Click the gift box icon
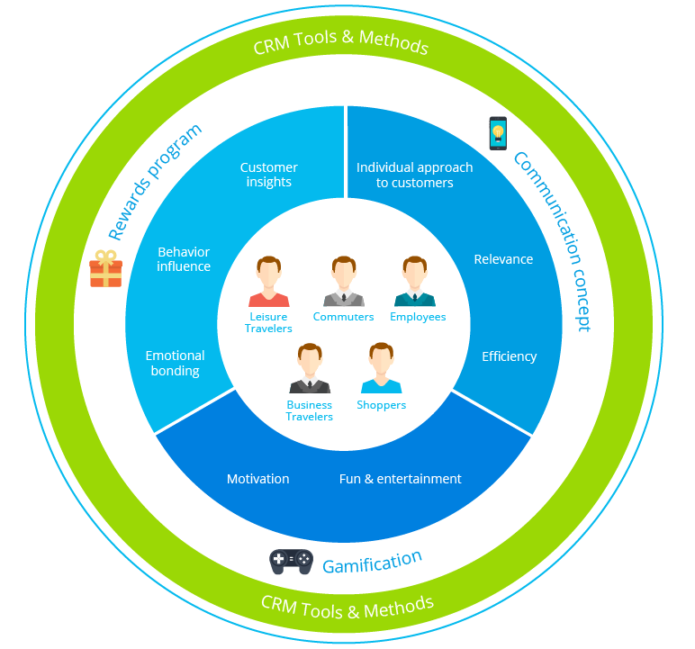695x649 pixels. [105, 269]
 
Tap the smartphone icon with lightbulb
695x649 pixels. [497, 133]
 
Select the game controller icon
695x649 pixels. [291, 562]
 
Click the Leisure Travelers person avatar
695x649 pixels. [268, 283]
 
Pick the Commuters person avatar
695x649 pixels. [343, 283]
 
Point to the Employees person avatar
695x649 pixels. [415, 283]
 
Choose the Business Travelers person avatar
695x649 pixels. [310, 368]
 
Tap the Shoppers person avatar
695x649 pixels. [381, 368]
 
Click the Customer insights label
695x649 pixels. [268, 175]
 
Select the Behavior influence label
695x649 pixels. [184, 259]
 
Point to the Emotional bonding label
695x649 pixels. [175, 363]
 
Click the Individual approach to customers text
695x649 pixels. [414, 175]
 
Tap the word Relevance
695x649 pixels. [503, 259]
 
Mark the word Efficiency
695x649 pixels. [509, 356]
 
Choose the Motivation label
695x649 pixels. [257, 479]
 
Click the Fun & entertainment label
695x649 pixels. [400, 479]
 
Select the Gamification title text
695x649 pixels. [372, 563]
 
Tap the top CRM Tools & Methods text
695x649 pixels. [340, 41]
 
